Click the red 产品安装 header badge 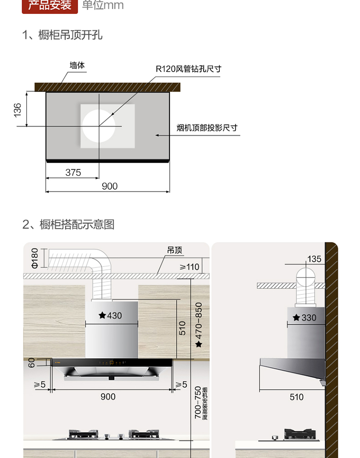[50, 6]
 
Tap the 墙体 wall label [77, 65]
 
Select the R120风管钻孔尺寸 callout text [188, 69]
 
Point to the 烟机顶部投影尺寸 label [207, 128]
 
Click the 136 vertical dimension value [18, 109]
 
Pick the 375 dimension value [73, 172]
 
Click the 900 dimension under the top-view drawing [109, 186]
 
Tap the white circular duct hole [99, 126]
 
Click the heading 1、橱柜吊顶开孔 [62, 35]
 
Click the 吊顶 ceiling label [175, 251]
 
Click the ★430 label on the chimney [110, 315]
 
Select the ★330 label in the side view [305, 318]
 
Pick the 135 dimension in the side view [314, 259]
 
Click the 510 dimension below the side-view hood [297, 397]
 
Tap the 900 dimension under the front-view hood [108, 397]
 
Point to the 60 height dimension [32, 362]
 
